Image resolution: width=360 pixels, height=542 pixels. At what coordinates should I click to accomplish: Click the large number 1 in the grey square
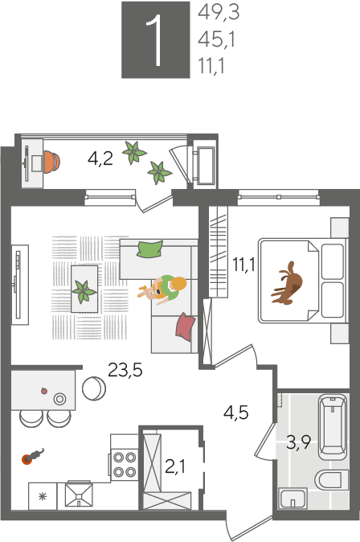pos(154,40)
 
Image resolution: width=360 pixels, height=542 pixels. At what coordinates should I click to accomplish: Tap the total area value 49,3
pos(219,13)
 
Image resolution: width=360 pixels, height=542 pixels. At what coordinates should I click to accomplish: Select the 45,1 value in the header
pos(217,39)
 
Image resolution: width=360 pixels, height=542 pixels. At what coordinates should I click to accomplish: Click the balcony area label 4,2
pos(100,159)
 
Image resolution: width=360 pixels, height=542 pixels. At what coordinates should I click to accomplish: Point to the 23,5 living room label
pos(125,370)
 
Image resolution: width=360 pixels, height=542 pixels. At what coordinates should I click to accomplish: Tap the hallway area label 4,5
pos(236,413)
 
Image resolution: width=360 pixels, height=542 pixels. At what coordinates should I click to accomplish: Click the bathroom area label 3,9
pos(298,442)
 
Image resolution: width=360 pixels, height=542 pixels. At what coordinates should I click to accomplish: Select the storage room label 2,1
pos(175,466)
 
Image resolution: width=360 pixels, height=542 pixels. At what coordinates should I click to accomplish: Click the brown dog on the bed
pos(288,283)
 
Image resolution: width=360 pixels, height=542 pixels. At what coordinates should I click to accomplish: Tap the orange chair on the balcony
pos(51,162)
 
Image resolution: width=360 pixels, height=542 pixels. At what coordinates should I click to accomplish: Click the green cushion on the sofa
pos(150,248)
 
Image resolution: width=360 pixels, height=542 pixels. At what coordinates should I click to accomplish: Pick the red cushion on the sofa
pos(185,326)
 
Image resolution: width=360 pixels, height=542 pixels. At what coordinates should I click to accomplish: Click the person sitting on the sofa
pos(164,289)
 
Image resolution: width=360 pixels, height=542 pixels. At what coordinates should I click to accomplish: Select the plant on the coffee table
pos(84,291)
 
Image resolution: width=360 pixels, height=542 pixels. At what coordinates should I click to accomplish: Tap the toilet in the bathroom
pos(331,479)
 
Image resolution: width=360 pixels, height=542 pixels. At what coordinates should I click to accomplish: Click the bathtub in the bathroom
pos(333,427)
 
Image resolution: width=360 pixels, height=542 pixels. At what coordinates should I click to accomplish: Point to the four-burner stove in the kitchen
pos(125,464)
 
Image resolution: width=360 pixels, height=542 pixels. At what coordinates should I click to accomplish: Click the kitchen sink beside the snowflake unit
pos(79,495)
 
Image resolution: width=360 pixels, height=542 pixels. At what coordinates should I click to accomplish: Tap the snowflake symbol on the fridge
pos(43,497)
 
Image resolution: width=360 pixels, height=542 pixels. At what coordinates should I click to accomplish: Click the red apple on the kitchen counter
pos(44,391)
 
